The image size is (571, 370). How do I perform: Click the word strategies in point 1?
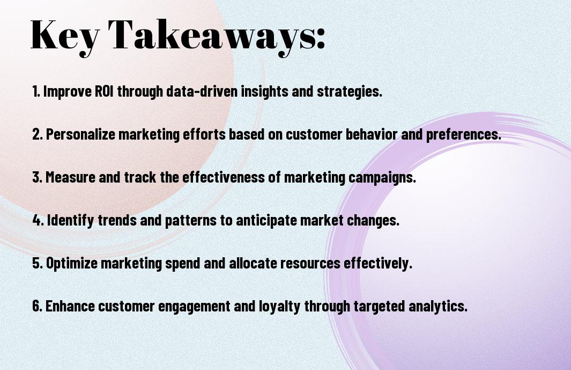click(349, 92)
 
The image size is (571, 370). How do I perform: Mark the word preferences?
click(464, 135)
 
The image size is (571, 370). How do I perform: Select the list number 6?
click(37, 306)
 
